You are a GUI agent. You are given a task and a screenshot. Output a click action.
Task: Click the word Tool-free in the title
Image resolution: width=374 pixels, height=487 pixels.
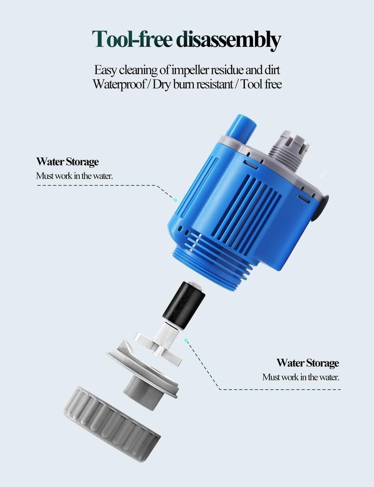132,39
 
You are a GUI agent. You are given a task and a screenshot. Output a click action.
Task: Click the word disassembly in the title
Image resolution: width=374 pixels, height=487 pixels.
229,39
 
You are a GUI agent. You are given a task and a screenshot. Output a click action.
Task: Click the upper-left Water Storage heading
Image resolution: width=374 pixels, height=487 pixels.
67,162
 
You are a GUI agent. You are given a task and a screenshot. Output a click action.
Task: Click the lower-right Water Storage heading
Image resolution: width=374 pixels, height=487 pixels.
308,363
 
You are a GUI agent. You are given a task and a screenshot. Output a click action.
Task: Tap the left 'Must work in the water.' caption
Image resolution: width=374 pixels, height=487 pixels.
74,176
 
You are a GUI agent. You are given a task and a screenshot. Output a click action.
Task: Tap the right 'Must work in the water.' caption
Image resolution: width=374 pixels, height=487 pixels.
301,377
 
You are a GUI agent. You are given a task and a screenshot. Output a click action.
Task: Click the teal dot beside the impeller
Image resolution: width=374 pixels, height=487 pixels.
186,340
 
